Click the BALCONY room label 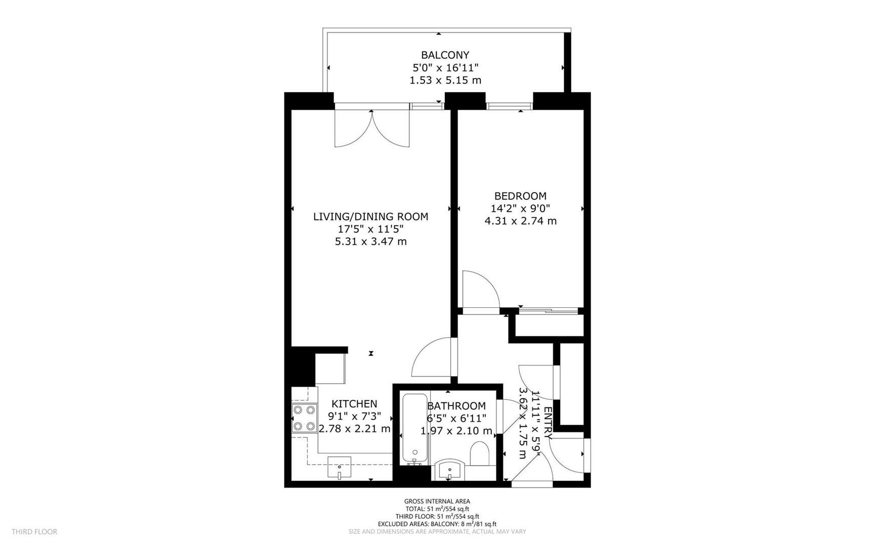pyautogui.click(x=445, y=55)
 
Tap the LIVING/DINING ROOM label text pyautogui.click(x=370, y=216)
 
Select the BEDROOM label pyautogui.click(x=520, y=196)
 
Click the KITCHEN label pyautogui.click(x=354, y=403)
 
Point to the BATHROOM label pyautogui.click(x=456, y=406)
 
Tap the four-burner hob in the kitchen pyautogui.click(x=305, y=418)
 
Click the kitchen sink pyautogui.click(x=340, y=468)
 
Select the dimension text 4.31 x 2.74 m pyautogui.click(x=520, y=221)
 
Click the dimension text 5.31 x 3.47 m pyautogui.click(x=370, y=242)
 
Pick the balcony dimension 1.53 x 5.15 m pyautogui.click(x=445, y=80)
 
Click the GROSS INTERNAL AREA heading pyautogui.click(x=437, y=502)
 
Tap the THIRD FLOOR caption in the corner pyautogui.click(x=34, y=532)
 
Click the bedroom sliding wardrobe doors pyautogui.click(x=549, y=310)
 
